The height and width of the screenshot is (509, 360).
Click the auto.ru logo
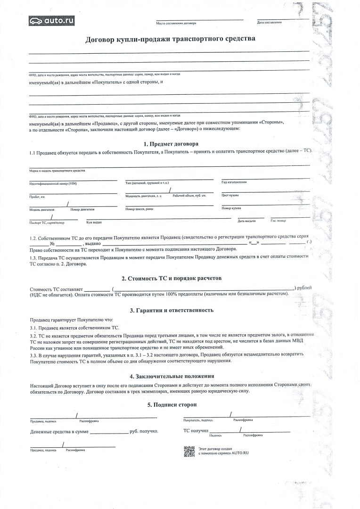point(51,20)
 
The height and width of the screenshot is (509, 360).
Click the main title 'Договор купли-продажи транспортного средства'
point(170,39)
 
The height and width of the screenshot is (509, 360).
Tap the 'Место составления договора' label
point(176,23)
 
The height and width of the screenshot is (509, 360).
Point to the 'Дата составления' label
point(270,22)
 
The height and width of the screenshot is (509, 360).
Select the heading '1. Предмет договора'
point(171,143)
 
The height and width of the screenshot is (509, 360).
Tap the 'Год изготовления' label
point(234,182)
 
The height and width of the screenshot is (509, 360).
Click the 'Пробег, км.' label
point(37,197)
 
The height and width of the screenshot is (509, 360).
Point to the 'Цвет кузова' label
point(230,195)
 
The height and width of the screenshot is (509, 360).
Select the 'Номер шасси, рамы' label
point(139,208)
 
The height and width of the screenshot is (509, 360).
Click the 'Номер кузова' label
point(231,208)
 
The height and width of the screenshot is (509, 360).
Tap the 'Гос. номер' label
point(278,221)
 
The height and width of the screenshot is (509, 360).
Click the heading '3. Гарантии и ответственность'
point(172,310)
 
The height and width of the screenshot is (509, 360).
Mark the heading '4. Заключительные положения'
point(172,376)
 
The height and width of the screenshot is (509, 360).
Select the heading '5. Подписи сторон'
point(172,405)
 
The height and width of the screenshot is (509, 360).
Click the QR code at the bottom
point(188,451)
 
